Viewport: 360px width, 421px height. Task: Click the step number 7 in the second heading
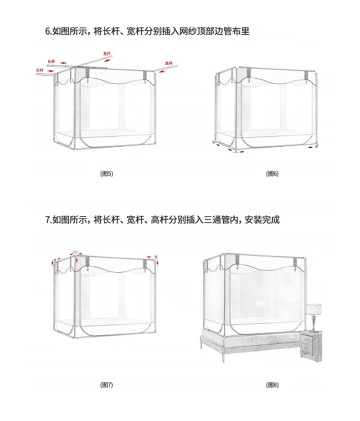point(47,220)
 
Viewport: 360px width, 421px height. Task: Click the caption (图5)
point(106,174)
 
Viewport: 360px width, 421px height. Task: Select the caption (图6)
point(272,174)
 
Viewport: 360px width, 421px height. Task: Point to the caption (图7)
point(106,385)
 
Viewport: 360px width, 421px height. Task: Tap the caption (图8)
point(272,385)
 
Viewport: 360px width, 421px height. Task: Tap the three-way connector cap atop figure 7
point(76,251)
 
